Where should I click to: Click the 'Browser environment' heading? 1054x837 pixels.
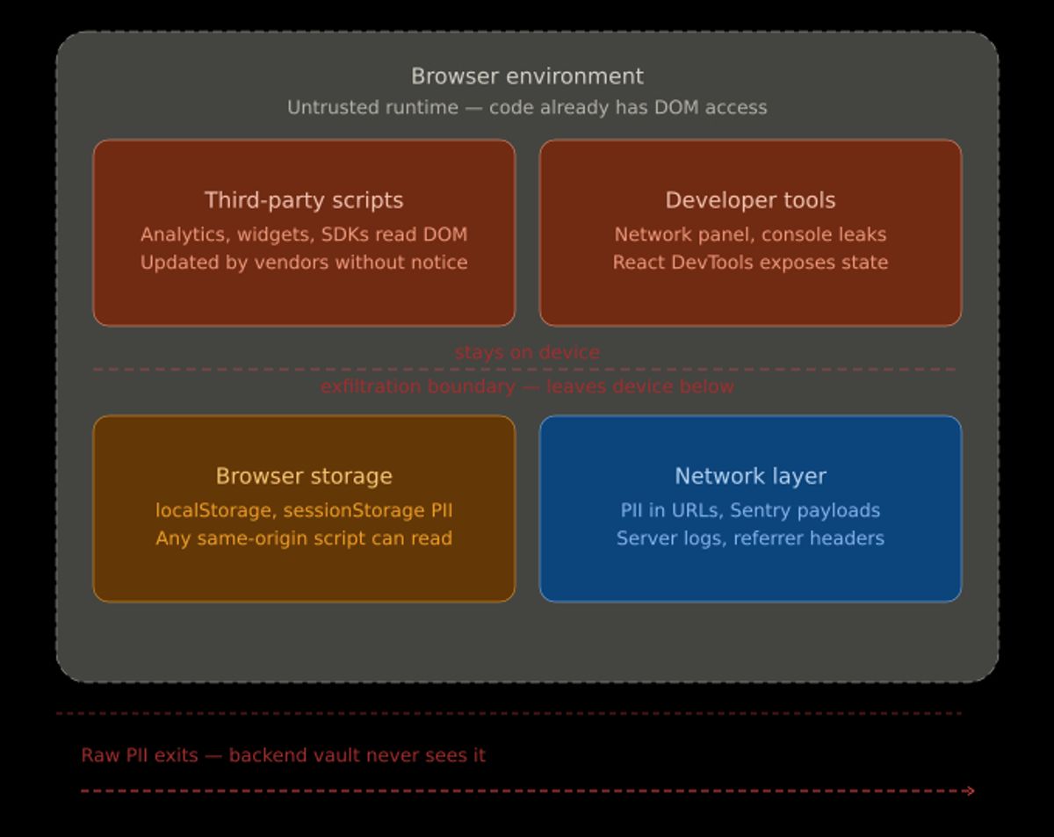[527, 76]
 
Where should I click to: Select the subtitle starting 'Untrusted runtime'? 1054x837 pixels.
[527, 107]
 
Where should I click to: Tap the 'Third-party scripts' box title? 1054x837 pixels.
[304, 200]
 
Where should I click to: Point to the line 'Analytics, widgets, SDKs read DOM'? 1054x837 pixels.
[304, 235]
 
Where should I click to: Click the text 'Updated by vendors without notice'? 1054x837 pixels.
[304, 263]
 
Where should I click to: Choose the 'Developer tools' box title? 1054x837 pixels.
[750, 200]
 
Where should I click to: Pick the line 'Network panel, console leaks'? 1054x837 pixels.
[750, 235]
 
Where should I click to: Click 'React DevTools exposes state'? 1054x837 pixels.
[750, 263]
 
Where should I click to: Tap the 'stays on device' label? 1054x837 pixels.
[527, 352]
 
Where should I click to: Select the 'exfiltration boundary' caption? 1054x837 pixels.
[527, 386]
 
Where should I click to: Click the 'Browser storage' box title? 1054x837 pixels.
[304, 476]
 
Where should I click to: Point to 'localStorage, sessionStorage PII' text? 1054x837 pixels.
[304, 510]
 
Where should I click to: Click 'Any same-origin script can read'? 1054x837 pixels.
[304, 538]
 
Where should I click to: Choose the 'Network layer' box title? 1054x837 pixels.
[750, 476]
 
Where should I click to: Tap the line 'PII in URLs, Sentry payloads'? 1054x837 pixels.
[750, 510]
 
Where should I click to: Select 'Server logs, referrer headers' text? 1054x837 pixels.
[750, 538]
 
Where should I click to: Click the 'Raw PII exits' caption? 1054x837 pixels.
[283, 755]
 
